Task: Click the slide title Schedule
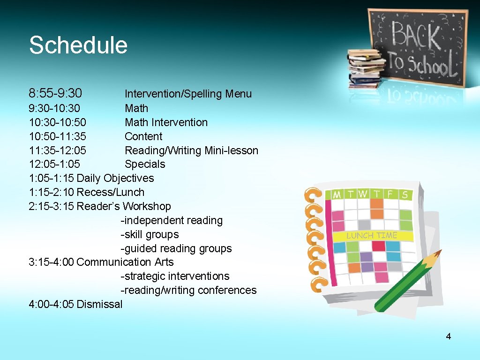[78, 45]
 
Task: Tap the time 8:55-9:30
[55, 93]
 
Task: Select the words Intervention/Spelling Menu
[188, 94]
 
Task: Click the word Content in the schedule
[143, 136]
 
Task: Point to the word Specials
[145, 164]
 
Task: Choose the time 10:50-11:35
[58, 136]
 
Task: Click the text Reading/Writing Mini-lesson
[191, 150]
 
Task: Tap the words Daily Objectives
[115, 178]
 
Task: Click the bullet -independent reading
[172, 220]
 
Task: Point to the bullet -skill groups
[150, 234]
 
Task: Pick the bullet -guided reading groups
[176, 248]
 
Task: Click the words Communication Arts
[125, 262]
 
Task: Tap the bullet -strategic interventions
[175, 276]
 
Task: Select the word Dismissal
[99, 304]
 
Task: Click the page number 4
[448, 336]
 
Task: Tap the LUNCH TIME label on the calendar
[372, 235]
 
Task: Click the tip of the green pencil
[439, 253]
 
